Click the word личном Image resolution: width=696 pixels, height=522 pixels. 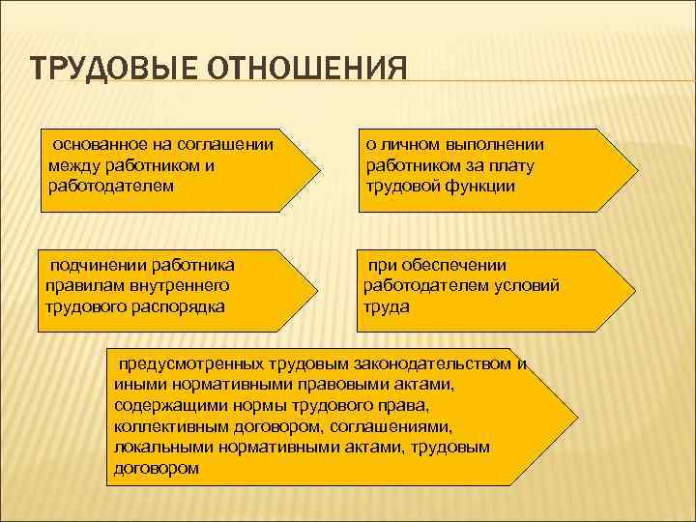[x=410, y=144]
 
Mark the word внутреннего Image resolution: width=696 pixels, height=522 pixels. [x=169, y=285]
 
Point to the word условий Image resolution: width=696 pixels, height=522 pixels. [x=530, y=285]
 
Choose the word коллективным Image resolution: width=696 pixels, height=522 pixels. [x=169, y=426]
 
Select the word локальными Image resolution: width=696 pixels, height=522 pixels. [x=160, y=448]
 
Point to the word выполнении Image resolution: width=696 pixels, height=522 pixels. [x=497, y=144]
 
